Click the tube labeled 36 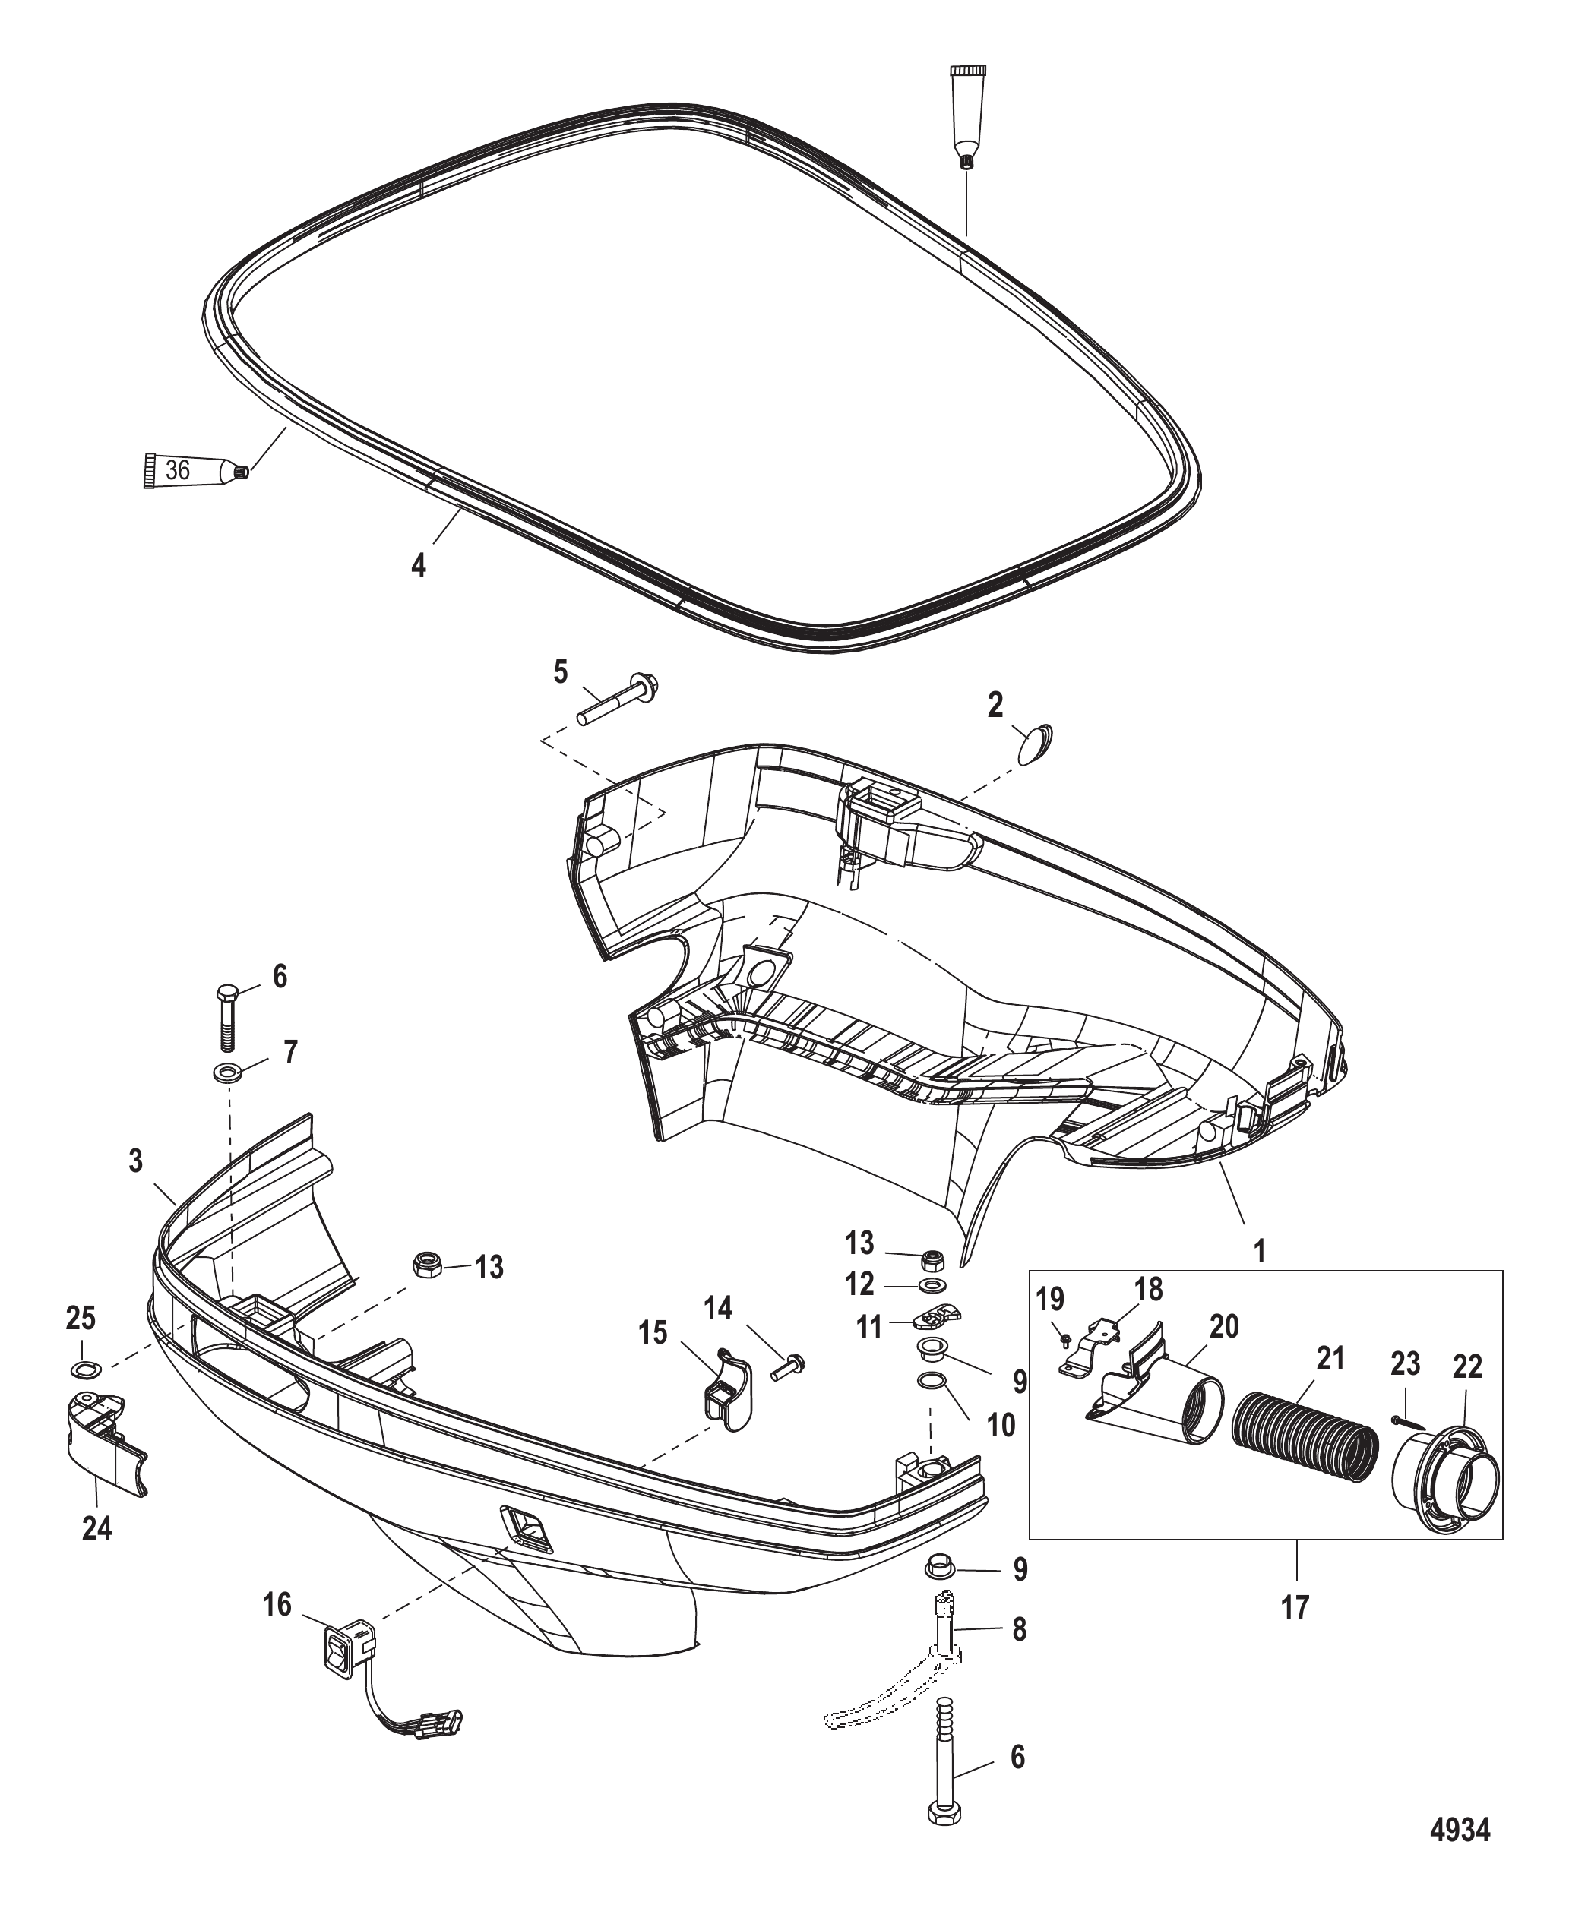(196, 471)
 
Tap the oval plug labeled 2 (1036, 744)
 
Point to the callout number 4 (418, 566)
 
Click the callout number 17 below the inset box (1295, 1606)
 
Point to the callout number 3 (135, 1160)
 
